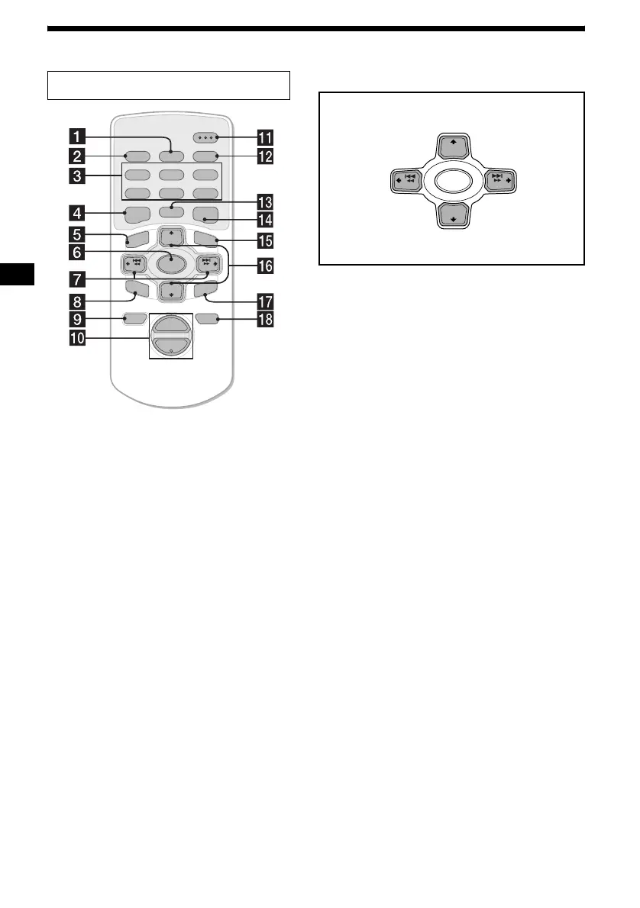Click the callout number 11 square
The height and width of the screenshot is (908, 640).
(x=266, y=137)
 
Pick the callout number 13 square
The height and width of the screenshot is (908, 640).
(x=266, y=203)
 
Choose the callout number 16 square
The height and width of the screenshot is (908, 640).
(x=266, y=266)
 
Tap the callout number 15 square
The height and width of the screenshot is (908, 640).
(x=266, y=242)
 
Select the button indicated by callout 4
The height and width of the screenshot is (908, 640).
(x=136, y=215)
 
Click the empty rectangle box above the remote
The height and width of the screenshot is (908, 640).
(x=169, y=85)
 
